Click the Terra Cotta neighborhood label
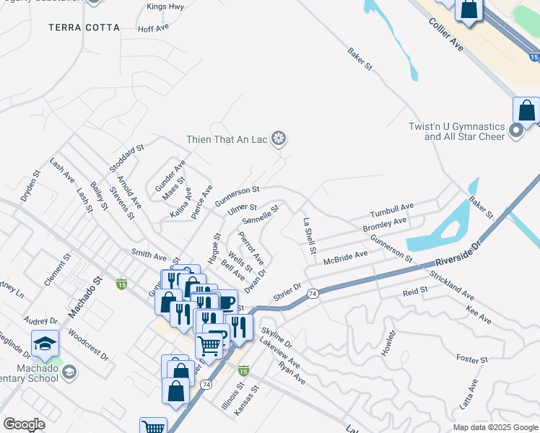(84, 27)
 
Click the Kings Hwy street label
(165, 6)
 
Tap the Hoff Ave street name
(152, 29)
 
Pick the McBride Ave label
(345, 258)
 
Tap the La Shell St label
(310, 237)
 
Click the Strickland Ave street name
(451, 286)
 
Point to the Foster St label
(473, 359)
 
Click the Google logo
(24, 424)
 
